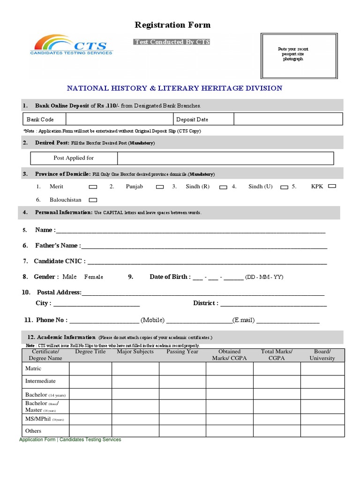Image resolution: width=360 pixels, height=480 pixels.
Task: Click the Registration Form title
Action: click(x=172, y=25)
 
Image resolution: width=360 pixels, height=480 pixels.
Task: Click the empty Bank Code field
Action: click(x=119, y=120)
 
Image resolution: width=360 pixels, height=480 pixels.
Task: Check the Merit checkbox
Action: click(x=93, y=187)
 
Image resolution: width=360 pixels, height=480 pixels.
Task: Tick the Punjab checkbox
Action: click(x=160, y=187)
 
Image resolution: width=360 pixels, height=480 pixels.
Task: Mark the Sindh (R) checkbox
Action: click(x=223, y=187)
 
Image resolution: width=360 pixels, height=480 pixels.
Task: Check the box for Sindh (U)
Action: click(x=284, y=187)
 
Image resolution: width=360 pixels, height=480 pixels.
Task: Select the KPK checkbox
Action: click(x=332, y=186)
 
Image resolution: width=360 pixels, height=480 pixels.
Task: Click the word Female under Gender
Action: click(x=94, y=277)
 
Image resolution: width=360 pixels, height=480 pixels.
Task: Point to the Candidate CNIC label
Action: click(x=60, y=261)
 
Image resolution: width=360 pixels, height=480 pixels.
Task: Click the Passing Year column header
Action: click(x=182, y=352)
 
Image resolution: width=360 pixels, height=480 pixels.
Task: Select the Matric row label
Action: click(x=33, y=368)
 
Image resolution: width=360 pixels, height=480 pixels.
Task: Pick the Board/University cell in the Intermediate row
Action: click(x=322, y=382)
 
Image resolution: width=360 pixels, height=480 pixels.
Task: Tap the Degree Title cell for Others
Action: click(x=90, y=431)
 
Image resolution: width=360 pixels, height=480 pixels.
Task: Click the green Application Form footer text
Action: click(x=70, y=440)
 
